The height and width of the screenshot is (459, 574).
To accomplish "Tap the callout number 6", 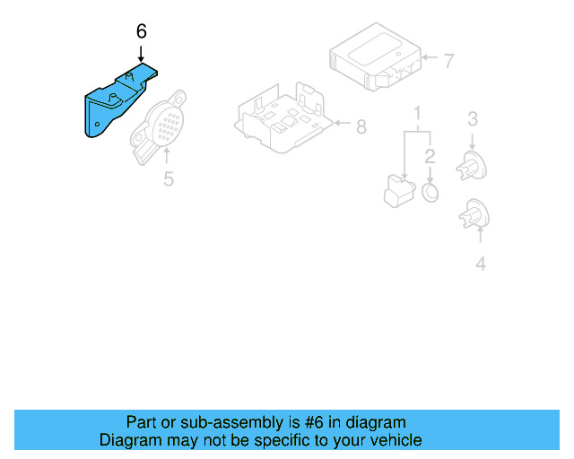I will point(141,31).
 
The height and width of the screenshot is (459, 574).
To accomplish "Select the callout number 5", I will point(168,179).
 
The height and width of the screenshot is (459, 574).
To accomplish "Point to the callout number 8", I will point(361,127).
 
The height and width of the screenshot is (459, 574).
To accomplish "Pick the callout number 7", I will point(448,61).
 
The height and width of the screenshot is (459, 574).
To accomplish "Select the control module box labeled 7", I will point(372,58).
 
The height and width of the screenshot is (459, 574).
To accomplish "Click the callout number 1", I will point(417,114).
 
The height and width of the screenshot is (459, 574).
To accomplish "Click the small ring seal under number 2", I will point(430,193).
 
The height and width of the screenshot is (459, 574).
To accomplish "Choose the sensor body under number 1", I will point(395,191).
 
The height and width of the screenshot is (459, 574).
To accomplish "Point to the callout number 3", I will point(473,118).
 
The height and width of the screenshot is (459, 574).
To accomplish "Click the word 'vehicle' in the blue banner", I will point(395,440).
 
